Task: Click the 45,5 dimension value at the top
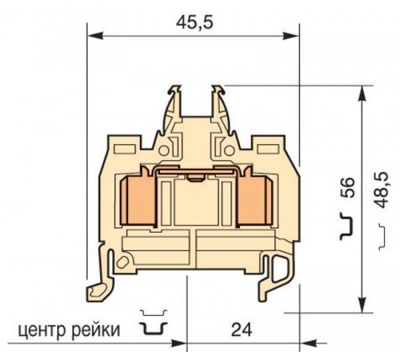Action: point(193,22)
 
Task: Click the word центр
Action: point(40,329)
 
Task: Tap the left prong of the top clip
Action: point(174,104)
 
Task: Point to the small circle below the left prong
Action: point(166,149)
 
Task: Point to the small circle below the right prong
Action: point(221,149)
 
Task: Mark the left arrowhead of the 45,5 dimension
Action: point(91,35)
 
